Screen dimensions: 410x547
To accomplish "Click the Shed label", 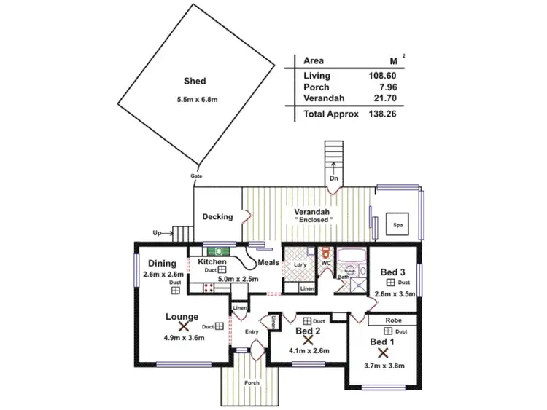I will (x=195, y=82).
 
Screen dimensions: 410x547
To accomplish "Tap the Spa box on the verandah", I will (x=398, y=225).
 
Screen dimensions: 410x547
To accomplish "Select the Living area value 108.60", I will (x=379, y=75).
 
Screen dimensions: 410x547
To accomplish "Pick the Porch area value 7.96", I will (x=384, y=87).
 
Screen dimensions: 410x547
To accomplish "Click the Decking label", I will (x=217, y=216).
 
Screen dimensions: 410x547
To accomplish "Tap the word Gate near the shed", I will (x=196, y=176).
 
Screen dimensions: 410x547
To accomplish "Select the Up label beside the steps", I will (x=157, y=233).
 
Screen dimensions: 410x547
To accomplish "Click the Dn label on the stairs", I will (x=334, y=178).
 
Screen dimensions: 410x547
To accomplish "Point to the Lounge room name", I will (x=182, y=316).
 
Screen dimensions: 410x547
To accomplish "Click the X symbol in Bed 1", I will (x=382, y=352).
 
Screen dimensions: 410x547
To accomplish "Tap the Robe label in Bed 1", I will (x=393, y=319).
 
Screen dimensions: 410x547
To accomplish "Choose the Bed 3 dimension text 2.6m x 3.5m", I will (x=395, y=294).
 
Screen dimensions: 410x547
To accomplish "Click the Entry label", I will (x=252, y=332).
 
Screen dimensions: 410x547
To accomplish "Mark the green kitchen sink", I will (x=219, y=251).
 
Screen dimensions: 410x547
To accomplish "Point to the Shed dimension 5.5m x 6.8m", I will (x=195, y=101).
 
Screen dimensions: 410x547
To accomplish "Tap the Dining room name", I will (x=163, y=264).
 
